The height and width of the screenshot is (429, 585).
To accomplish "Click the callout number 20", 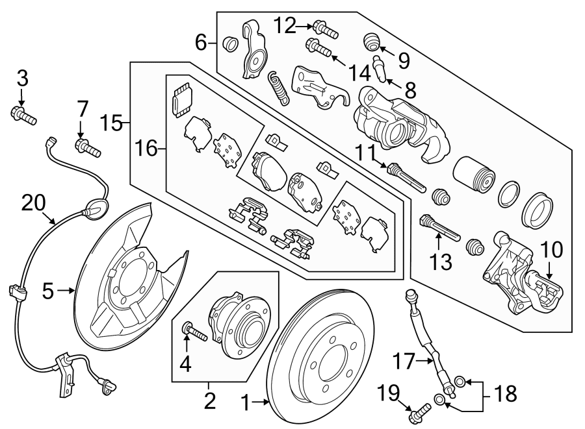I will click(34, 203).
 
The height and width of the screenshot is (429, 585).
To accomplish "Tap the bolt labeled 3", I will click(23, 117).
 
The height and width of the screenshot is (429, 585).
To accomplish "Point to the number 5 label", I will click(47, 292).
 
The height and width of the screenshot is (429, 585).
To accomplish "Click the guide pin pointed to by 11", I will click(407, 178).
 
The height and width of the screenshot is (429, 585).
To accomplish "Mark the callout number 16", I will click(148, 149).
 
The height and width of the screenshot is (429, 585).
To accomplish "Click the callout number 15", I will click(112, 122).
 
